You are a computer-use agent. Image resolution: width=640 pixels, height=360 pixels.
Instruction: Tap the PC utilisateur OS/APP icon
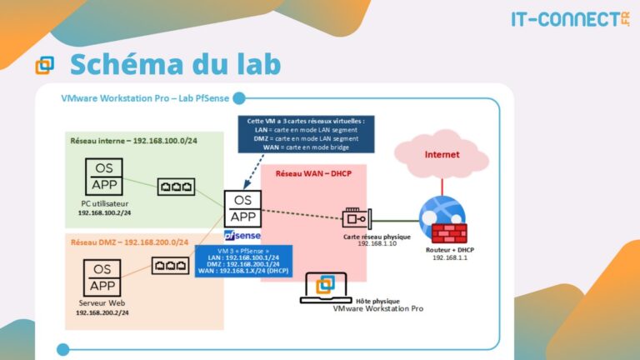pyautogui.click(x=104, y=177)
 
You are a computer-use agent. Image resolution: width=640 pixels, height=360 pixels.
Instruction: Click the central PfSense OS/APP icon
pyautogui.click(x=242, y=208)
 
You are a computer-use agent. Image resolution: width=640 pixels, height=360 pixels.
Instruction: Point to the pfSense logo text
pyautogui.click(x=242, y=237)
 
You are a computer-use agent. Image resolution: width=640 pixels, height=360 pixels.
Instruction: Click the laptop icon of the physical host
pyautogui.click(x=326, y=285)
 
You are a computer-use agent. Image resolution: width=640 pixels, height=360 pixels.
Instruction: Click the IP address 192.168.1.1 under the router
pyautogui.click(x=450, y=258)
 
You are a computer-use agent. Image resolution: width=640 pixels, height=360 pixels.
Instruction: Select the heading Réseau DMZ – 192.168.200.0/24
pyautogui.click(x=128, y=242)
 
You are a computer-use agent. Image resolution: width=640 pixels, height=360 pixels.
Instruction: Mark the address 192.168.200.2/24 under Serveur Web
pyautogui.click(x=102, y=312)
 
